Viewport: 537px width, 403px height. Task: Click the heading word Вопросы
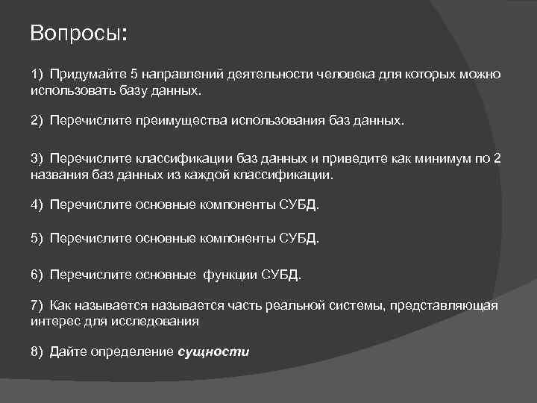point(78,35)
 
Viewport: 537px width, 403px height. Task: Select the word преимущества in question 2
point(189,120)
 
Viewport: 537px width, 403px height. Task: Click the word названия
point(57,175)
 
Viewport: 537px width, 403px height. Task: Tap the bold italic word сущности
point(213,352)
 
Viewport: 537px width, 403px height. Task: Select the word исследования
point(161,322)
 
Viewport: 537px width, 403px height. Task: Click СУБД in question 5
point(298,239)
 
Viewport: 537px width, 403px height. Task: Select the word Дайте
point(68,352)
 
